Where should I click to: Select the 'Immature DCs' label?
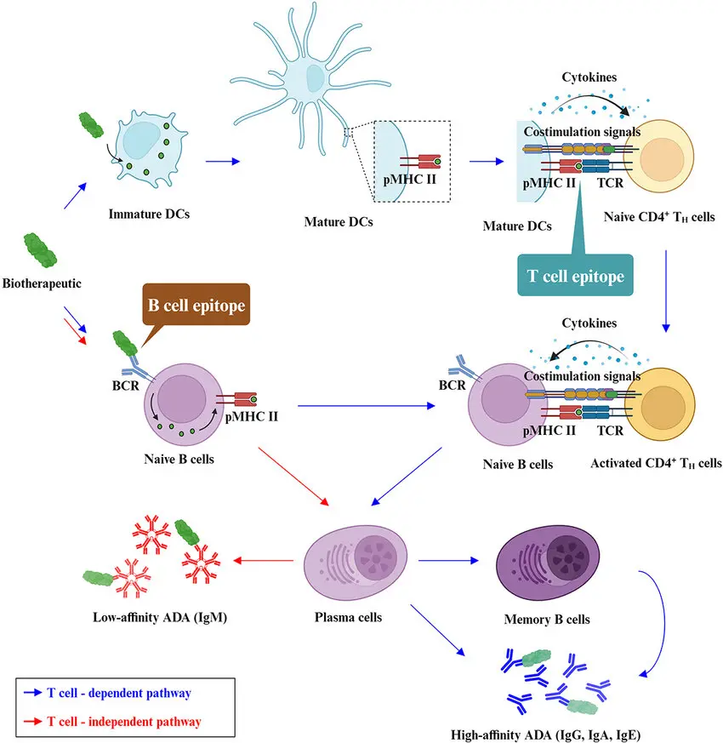coord(149,213)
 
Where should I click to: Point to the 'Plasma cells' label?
coord(355,616)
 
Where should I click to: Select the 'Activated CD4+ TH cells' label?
coord(656,464)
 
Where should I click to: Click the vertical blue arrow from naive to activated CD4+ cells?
coord(666,289)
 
